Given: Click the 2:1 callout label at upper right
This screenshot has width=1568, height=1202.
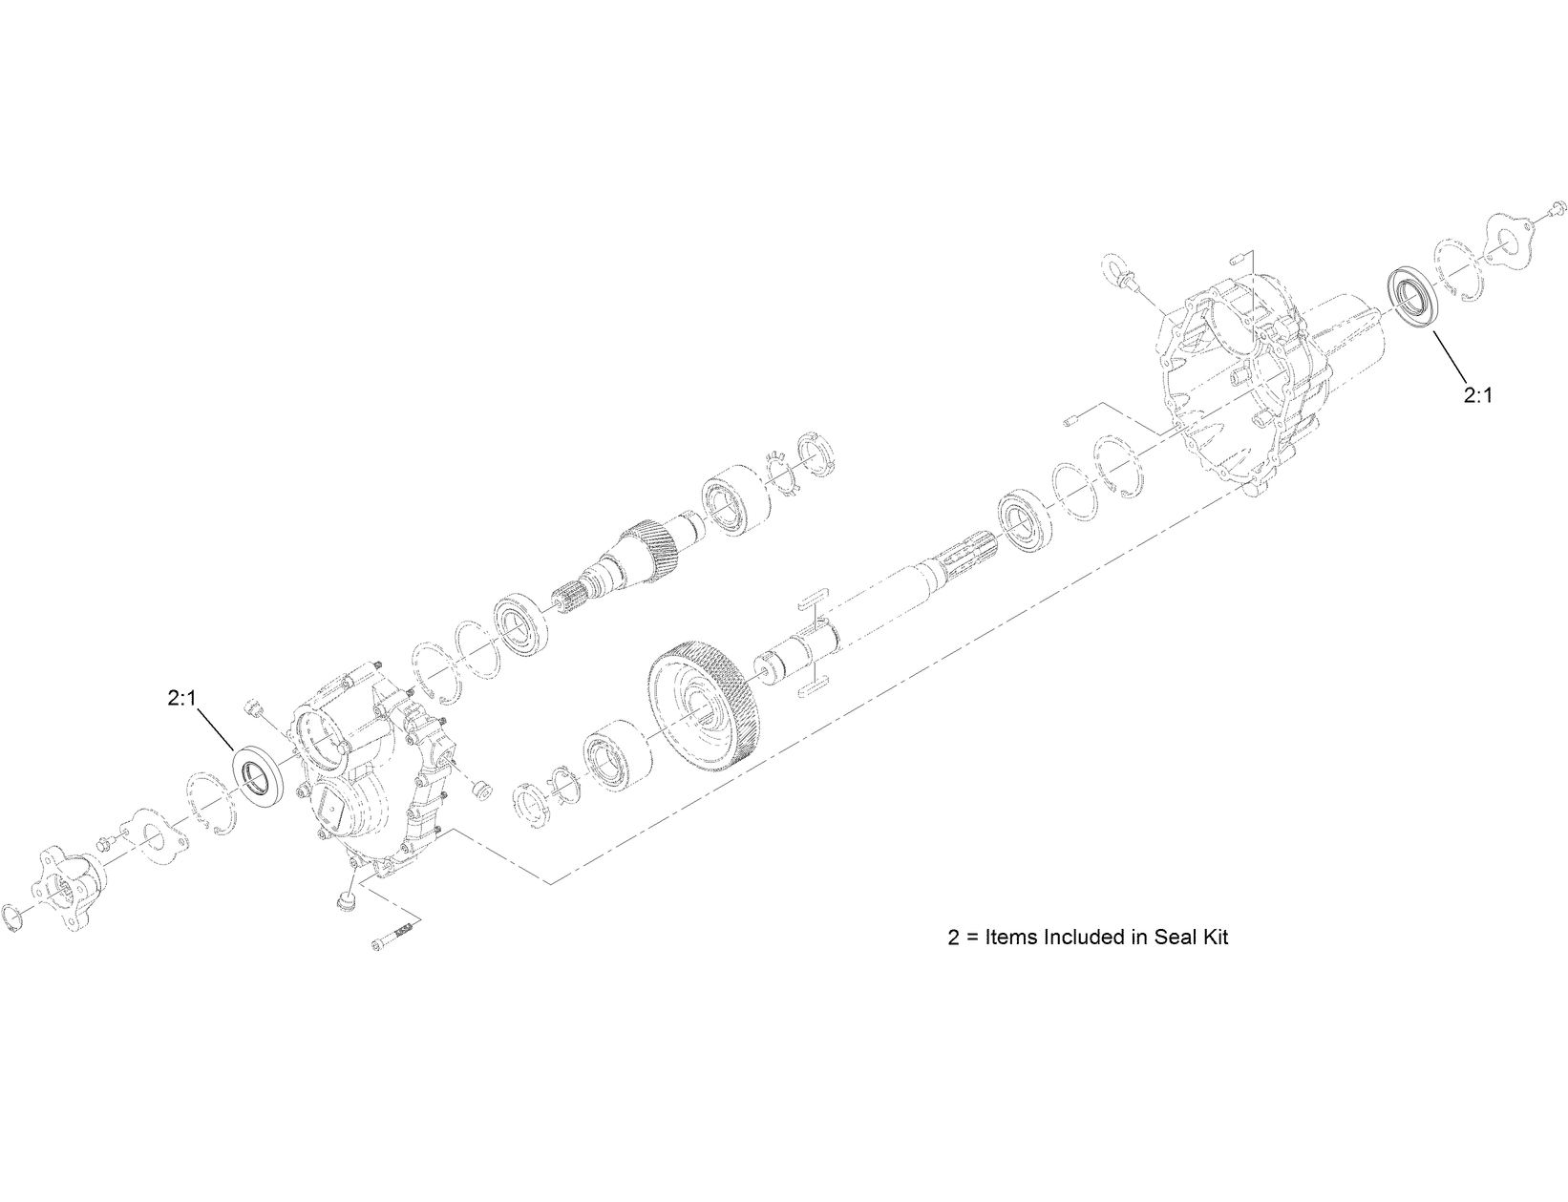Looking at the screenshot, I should (1476, 394).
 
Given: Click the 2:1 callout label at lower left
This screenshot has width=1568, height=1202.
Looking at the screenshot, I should (181, 699).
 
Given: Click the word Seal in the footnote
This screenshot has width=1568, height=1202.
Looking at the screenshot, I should (1157, 937).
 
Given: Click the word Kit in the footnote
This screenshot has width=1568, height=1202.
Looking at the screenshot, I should (1211, 937).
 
